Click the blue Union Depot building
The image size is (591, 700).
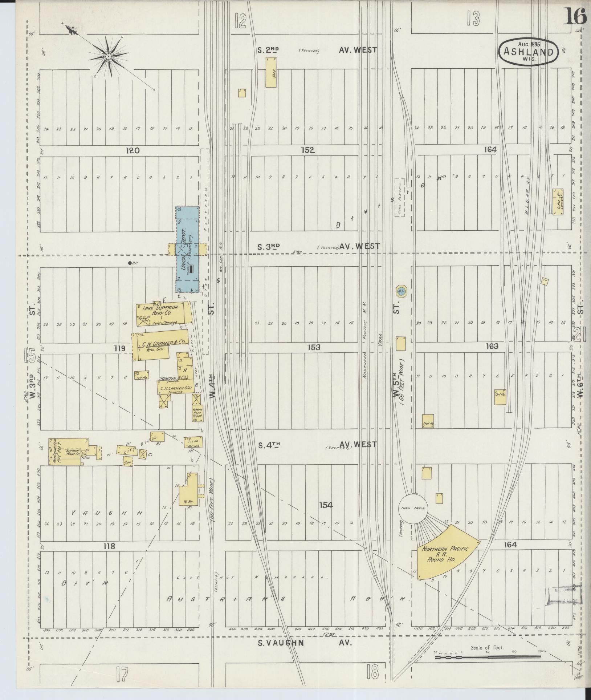point(188,250)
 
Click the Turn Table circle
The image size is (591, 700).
point(414,509)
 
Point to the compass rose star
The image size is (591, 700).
point(108,57)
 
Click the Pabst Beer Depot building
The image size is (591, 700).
point(197,413)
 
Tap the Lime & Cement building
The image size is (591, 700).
point(558,202)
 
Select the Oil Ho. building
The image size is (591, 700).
point(500,397)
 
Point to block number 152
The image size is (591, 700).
point(307,150)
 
